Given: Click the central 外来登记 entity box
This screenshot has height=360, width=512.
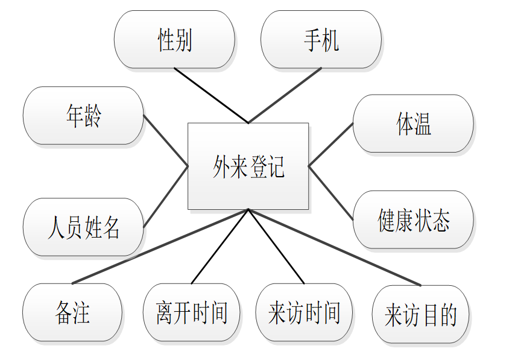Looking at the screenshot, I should coord(248,166).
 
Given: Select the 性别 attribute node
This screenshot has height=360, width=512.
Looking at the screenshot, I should coord(174,40).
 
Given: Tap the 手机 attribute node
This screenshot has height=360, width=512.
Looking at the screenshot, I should coord(321,40).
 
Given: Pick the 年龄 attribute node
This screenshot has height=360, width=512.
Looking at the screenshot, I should coord(83,116).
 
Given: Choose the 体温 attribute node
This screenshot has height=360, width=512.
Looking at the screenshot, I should coord(413,124).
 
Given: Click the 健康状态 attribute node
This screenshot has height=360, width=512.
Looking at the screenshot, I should coord(413,220).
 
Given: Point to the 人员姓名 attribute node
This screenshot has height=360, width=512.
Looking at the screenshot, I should coord(83,227).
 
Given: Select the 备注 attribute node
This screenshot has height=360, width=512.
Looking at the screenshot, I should coord(72,312).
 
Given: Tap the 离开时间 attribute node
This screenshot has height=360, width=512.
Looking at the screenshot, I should coord(191,312).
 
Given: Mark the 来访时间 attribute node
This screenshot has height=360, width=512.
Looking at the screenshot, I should coord(304,312).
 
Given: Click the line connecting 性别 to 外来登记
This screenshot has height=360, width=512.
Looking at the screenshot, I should coord(211,95).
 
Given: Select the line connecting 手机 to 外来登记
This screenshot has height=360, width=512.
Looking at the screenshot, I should coord(285,95).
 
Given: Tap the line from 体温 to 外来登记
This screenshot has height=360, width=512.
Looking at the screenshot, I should coord(330,145).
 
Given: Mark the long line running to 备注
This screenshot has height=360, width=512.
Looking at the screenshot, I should coord(160,246).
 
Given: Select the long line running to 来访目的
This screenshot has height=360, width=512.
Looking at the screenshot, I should coord(334,247).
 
